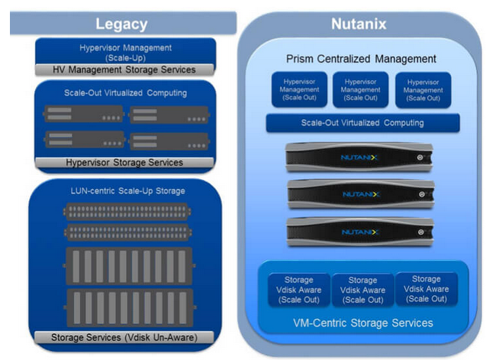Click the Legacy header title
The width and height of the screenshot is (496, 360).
click(121, 24)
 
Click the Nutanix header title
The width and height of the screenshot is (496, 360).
click(359, 24)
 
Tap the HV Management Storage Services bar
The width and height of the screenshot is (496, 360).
click(124, 69)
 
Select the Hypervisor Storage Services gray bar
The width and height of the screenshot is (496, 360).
click(124, 162)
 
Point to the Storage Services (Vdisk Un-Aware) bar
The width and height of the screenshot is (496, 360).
click(124, 337)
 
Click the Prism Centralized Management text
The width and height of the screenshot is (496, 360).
click(361, 59)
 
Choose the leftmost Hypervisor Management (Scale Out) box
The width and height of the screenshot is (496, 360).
click(299, 90)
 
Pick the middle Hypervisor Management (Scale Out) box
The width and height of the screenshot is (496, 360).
click(361, 90)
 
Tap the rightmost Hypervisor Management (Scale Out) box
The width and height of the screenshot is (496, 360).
click(424, 90)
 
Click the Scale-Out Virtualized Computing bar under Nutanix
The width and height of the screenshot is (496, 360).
click(362, 123)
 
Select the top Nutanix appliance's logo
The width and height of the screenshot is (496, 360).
click(359, 157)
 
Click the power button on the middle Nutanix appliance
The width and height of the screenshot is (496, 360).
click(421, 194)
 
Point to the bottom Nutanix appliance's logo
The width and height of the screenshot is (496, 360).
click(360, 233)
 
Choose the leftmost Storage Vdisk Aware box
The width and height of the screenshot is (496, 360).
click(299, 290)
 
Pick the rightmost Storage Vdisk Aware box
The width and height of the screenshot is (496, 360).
click(427, 289)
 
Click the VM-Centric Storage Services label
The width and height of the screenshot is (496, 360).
click(363, 323)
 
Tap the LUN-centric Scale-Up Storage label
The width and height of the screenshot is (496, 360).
click(127, 191)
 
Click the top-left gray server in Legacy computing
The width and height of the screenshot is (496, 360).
click(84, 114)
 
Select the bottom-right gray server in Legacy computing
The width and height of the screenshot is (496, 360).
click(169, 141)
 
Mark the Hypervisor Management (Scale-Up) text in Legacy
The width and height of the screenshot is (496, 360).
click(126, 53)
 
